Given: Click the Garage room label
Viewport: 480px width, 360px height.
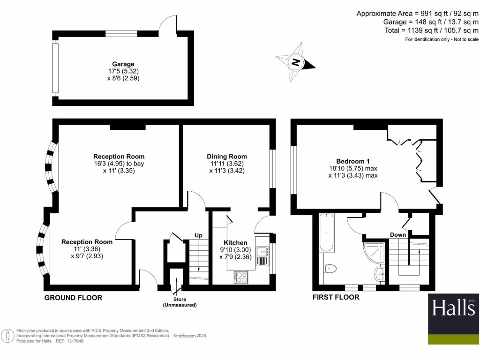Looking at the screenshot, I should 123,64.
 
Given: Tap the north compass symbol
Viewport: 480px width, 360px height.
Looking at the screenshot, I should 296,62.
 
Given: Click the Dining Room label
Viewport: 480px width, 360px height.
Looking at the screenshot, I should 227,157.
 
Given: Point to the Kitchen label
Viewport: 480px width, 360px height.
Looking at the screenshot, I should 235,242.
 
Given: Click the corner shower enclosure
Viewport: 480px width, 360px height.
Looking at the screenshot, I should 375,253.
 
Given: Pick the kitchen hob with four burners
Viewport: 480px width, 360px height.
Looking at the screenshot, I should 241,277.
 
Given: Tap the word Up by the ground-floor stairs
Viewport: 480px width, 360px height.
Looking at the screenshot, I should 199,235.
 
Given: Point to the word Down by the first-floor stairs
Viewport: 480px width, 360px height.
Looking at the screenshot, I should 398,234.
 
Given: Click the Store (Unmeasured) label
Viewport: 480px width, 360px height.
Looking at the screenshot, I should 180,302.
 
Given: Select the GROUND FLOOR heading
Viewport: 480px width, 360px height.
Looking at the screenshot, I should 73,298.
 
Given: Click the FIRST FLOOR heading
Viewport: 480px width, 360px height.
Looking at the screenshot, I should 336,297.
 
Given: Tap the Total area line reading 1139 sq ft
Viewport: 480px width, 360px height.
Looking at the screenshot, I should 430,30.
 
